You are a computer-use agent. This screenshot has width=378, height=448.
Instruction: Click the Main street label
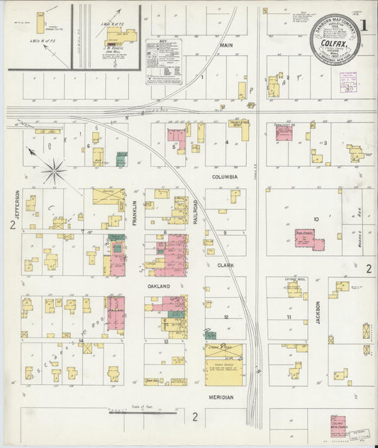click(227, 45)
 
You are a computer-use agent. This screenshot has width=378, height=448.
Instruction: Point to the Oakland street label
click(159, 286)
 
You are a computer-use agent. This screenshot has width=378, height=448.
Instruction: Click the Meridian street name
click(221, 398)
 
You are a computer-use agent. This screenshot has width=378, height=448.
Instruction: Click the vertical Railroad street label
click(196, 211)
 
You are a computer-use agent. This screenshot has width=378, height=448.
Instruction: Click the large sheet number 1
click(364, 25)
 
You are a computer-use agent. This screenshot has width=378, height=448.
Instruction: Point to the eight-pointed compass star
click(52, 171)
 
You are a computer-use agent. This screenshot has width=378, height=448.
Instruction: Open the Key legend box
click(164, 62)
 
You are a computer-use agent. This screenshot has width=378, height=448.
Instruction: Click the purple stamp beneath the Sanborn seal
click(349, 84)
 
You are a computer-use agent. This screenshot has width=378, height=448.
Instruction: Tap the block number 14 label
click(82, 341)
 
